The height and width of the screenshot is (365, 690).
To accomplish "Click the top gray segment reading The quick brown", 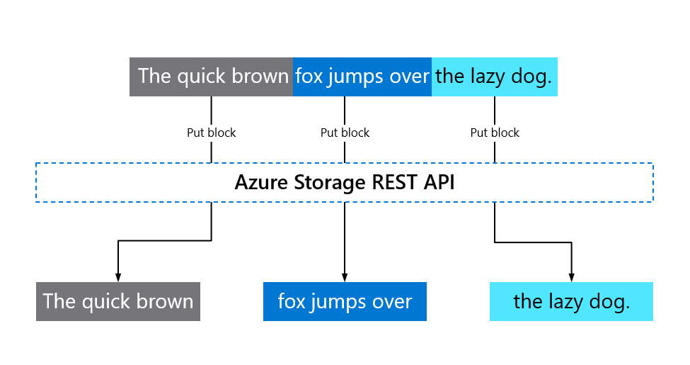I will click(x=211, y=77).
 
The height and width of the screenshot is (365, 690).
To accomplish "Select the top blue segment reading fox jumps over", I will click(x=362, y=77).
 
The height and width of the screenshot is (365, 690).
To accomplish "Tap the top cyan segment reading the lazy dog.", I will click(x=494, y=77).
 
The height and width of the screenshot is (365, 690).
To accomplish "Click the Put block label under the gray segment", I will click(x=211, y=133).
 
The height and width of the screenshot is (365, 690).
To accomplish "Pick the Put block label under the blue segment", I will click(x=345, y=133).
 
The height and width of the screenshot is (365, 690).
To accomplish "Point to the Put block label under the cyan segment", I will click(x=495, y=133).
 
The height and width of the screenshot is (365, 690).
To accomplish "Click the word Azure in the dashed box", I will click(x=259, y=183).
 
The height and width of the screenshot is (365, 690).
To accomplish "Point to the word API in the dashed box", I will click(x=439, y=183).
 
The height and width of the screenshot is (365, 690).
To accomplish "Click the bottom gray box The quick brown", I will click(x=118, y=301).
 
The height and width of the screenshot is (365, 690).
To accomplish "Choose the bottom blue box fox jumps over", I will click(x=345, y=301).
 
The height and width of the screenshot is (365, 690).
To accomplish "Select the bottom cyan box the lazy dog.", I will click(x=571, y=301).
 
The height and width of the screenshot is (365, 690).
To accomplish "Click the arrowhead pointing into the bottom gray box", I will click(x=118, y=277).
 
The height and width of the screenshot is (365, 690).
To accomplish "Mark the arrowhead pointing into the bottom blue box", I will click(x=345, y=277).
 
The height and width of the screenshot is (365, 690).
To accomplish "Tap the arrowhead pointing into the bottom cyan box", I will click(x=571, y=277).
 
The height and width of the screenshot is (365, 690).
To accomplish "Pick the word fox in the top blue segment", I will click(x=308, y=77).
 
